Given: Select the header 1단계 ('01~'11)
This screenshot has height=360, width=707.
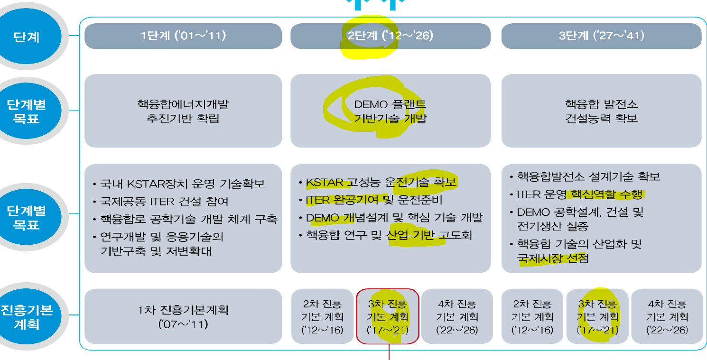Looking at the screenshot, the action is coord(183,36).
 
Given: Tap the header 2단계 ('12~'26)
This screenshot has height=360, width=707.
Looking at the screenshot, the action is coord(390,36).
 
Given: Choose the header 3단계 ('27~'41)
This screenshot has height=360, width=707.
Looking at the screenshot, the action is coord(601,36).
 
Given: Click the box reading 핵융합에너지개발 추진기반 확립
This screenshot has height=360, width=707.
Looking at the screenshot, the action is coord(183,111).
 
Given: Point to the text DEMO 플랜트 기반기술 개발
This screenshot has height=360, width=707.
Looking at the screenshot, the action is coord(390,111).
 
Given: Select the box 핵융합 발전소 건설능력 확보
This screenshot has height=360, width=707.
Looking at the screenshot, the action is coord(601,111).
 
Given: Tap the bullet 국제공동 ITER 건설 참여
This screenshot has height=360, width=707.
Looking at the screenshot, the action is coord(164,201).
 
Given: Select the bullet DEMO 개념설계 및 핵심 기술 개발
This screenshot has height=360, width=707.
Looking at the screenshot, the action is coord(394,218).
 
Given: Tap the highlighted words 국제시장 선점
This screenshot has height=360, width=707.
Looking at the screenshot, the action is coord(553,258).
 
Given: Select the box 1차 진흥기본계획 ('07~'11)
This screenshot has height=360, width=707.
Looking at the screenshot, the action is coord(183,317).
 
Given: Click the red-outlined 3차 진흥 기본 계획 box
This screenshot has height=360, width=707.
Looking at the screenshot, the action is coord(388,316).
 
